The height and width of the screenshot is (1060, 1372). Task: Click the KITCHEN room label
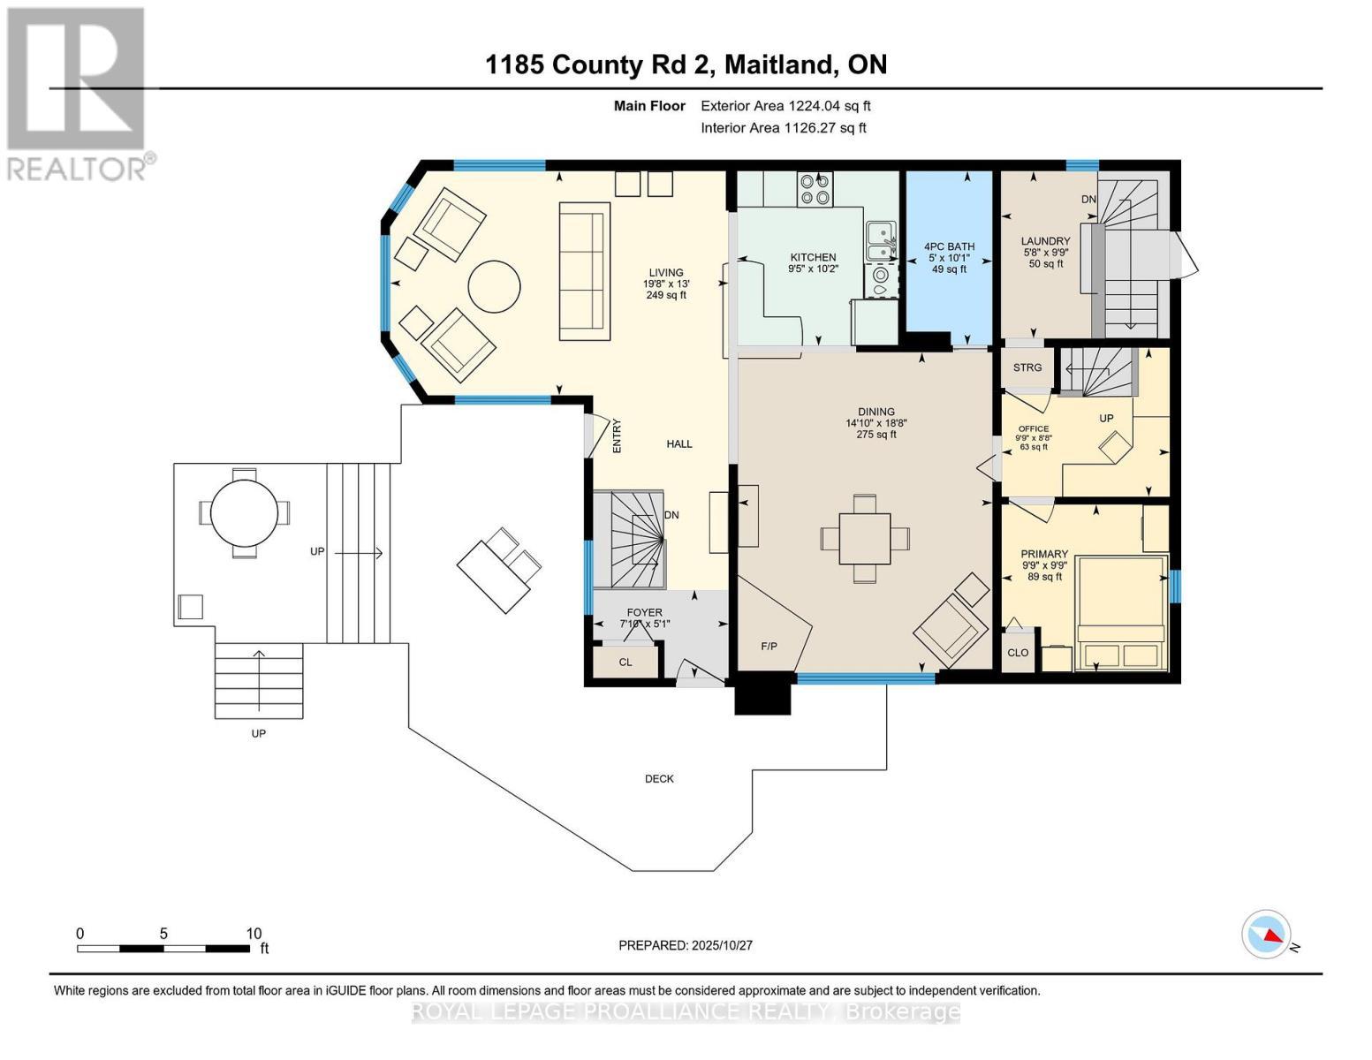(x=813, y=258)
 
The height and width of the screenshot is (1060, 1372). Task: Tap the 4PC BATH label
(x=949, y=246)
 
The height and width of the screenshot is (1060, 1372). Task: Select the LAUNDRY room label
(x=1046, y=241)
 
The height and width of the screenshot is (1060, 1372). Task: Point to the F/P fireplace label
(x=769, y=647)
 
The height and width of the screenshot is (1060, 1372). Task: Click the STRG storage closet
(x=1027, y=367)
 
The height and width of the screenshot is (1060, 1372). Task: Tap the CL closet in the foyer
(x=625, y=662)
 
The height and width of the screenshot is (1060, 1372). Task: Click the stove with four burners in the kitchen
(x=815, y=189)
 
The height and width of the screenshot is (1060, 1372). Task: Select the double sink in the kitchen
(x=880, y=240)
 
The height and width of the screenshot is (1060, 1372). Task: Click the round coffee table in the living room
(x=494, y=286)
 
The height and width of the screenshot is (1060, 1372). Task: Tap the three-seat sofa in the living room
(x=584, y=271)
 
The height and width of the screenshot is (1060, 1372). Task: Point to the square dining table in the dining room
(x=864, y=539)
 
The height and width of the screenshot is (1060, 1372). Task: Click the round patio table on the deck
(x=244, y=512)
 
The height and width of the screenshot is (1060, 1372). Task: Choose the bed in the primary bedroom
(x=1121, y=613)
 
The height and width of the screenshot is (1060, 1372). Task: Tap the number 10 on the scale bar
(x=254, y=934)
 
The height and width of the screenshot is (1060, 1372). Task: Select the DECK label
(x=659, y=779)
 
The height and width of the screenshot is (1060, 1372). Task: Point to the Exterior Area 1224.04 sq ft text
(x=785, y=106)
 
